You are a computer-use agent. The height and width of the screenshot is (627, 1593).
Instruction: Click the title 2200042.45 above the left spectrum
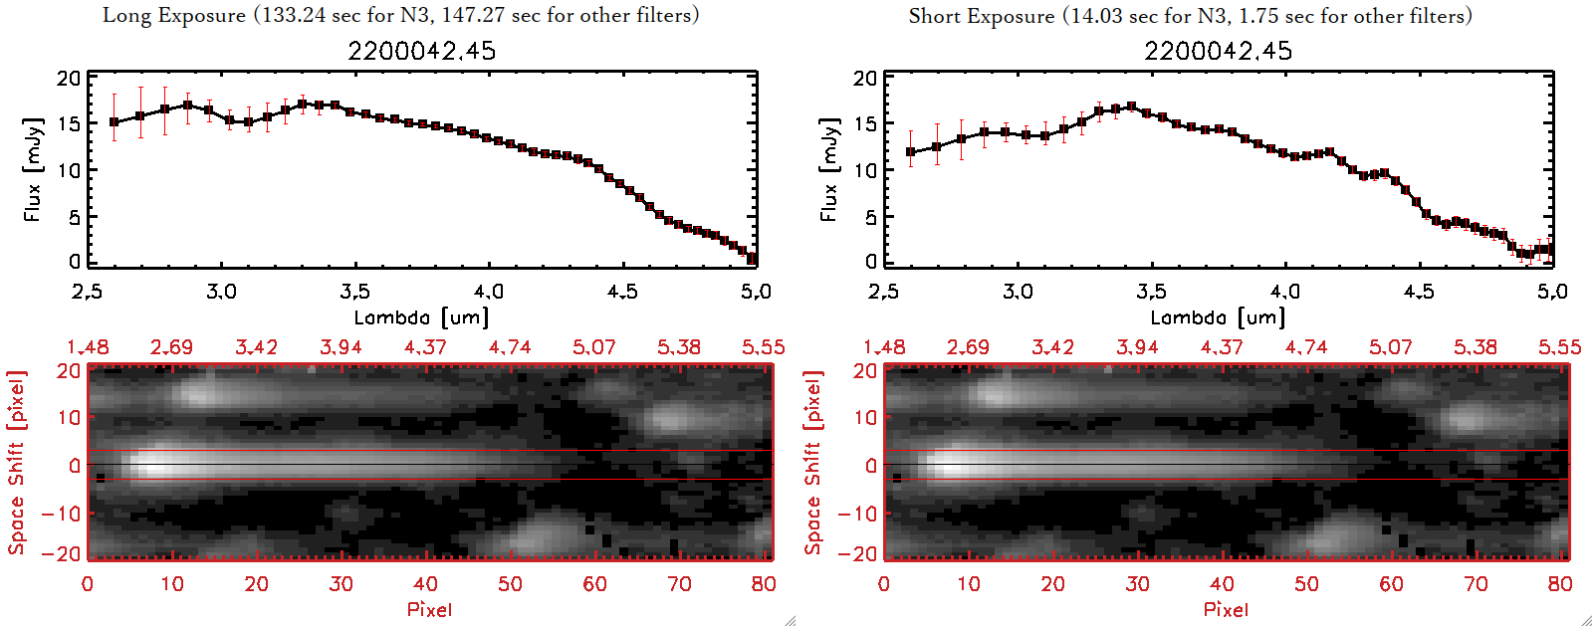coord(421,51)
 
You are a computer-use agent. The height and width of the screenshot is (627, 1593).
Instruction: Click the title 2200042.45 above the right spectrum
coord(1218,51)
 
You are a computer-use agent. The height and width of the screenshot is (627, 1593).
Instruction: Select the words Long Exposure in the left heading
coord(174,16)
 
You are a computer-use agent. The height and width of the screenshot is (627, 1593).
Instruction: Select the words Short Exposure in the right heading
coord(982,17)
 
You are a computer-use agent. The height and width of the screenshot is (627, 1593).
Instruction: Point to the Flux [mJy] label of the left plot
coord(33,169)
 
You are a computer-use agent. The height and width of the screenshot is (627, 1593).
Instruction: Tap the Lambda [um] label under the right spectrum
coord(1218,317)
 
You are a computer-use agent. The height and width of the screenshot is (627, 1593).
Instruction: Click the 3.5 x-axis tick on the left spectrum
coord(354,292)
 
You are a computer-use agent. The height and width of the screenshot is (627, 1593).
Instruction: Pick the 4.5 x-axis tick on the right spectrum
coord(1419,292)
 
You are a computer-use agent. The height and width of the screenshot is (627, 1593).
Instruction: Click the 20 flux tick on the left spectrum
coord(69,79)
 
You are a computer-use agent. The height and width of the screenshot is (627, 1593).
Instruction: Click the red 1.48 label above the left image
coord(88,347)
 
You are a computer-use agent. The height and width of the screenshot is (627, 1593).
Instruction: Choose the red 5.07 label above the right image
coord(1390,347)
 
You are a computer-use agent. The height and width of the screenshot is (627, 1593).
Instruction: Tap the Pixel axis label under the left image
coord(429,609)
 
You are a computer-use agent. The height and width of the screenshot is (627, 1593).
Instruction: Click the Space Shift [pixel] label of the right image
coord(813,463)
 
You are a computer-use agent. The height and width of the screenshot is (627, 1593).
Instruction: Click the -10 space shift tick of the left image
coord(61,514)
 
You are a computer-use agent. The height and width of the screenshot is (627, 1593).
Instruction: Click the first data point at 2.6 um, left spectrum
coord(114,122)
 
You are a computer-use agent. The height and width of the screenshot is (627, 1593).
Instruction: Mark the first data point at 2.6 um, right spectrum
coord(911,152)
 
